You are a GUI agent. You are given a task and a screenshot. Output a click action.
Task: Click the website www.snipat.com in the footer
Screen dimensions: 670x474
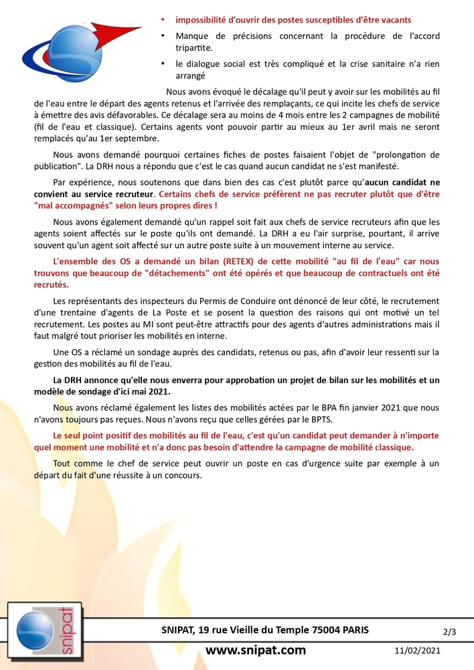(255, 650)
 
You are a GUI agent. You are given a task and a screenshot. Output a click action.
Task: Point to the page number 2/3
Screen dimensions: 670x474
(450, 631)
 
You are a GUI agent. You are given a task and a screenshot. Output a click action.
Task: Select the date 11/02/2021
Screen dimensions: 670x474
(417, 651)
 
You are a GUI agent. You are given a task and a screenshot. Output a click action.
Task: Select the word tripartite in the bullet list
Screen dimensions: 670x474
(195, 48)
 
